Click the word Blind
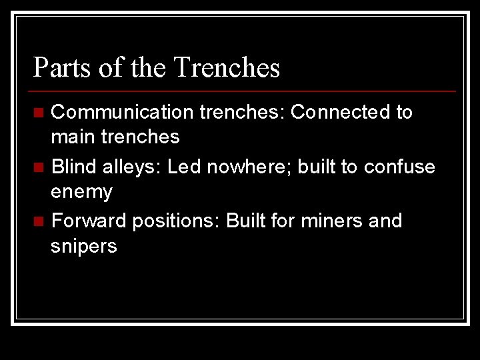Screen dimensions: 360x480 tap(73, 166)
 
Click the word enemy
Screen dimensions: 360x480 tap(82, 192)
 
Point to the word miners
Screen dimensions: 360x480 tap(325, 220)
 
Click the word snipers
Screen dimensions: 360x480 tap(83, 246)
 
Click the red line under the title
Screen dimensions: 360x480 tap(244, 91)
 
